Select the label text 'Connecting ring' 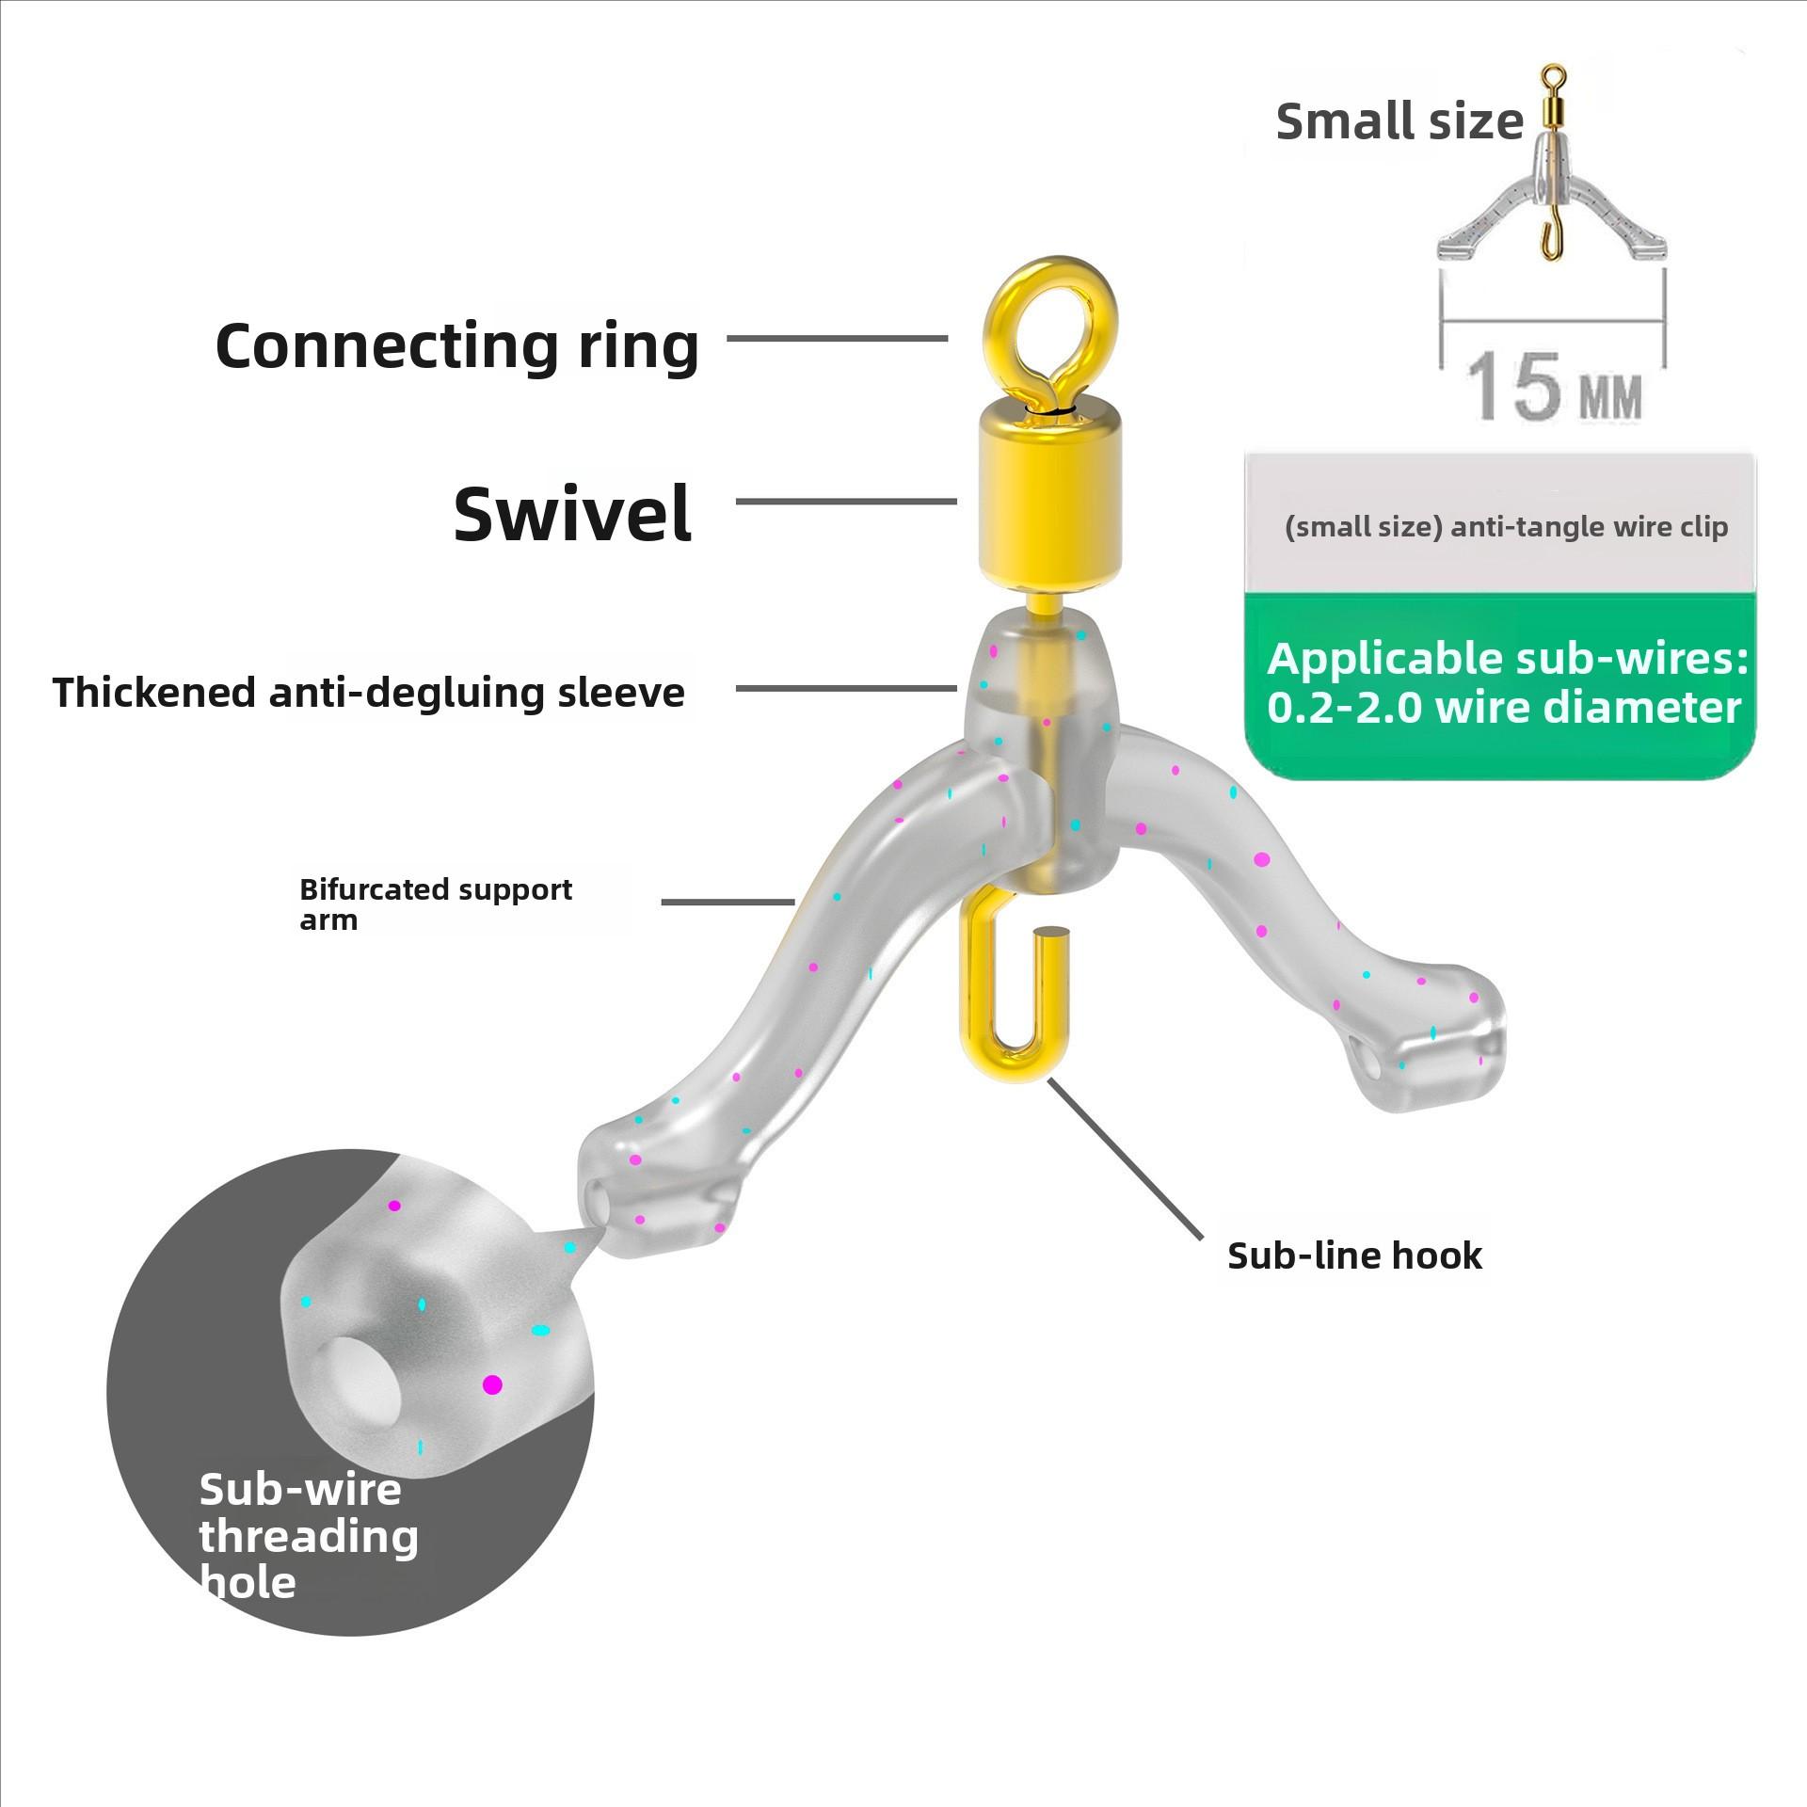pyautogui.click(x=457, y=346)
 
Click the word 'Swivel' pyautogui.click(x=572, y=514)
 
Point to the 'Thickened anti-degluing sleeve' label pyautogui.click(x=369, y=693)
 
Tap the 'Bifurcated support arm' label pyautogui.click(x=435, y=903)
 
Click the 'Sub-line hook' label pyautogui.click(x=1354, y=1255)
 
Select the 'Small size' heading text pyautogui.click(x=1399, y=122)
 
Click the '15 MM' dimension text pyautogui.click(x=1554, y=387)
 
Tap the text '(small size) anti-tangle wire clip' pyautogui.click(x=1506, y=527)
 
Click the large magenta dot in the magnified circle pyautogui.click(x=491, y=1384)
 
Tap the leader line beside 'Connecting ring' pyautogui.click(x=837, y=338)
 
